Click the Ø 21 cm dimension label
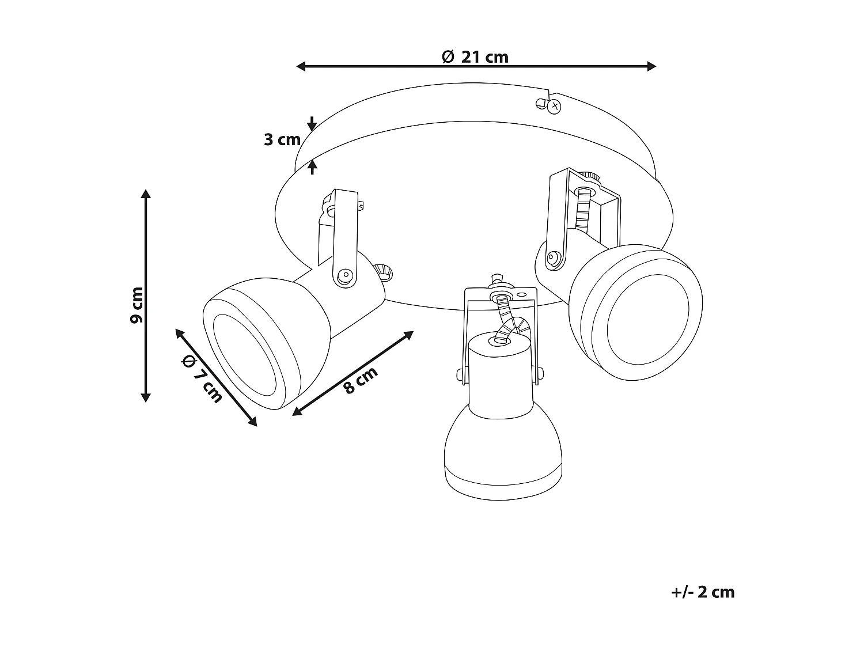[475, 56]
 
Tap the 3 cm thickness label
[282, 139]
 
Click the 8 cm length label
[361, 380]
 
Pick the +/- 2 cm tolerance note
[703, 592]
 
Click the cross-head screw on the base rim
[554, 105]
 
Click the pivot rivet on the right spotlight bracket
[554, 257]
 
